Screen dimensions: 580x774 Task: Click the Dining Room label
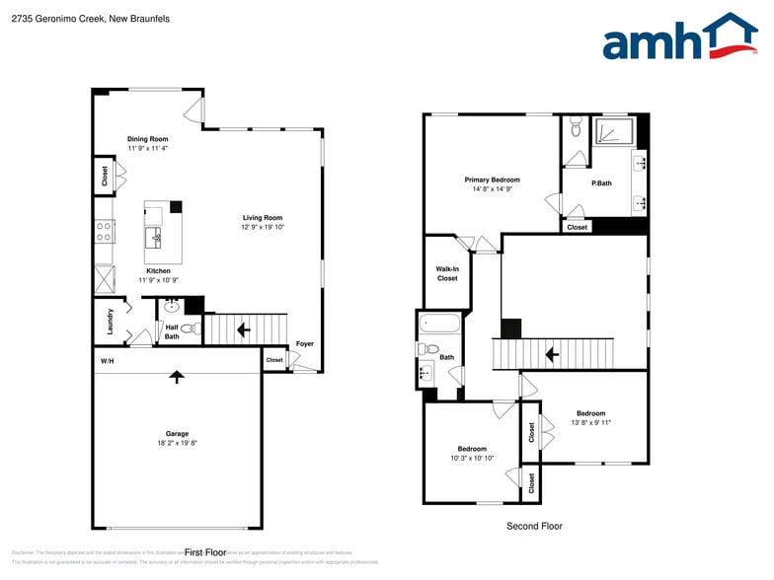click(x=148, y=139)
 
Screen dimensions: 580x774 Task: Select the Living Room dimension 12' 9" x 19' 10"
click(x=263, y=227)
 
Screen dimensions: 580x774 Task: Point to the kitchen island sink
click(x=156, y=237)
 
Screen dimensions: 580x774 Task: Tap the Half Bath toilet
click(x=190, y=328)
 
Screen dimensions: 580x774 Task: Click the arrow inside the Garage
click(x=177, y=376)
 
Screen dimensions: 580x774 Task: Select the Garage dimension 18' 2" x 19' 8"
click(x=177, y=443)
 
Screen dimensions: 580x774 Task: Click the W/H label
click(x=108, y=361)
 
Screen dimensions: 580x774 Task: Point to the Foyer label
click(x=305, y=343)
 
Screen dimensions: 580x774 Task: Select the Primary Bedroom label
click(x=492, y=180)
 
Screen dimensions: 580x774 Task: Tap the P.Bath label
click(x=601, y=183)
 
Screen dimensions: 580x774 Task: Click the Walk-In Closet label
click(x=447, y=273)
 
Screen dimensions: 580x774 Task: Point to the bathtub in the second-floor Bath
click(x=439, y=323)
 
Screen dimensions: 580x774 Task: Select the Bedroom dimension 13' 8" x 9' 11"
click(x=590, y=423)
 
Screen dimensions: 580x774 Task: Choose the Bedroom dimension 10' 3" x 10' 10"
click(x=472, y=458)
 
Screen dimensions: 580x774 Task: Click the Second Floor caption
click(x=534, y=526)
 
